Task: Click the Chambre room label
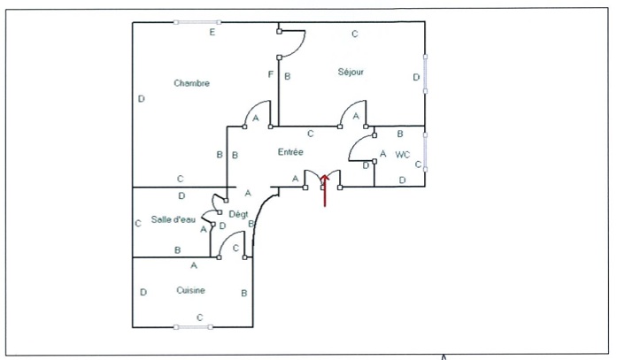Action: coord(191,83)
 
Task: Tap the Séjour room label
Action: coord(351,72)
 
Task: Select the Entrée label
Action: coord(290,152)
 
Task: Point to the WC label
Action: coord(403,155)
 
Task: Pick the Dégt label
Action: coord(238,214)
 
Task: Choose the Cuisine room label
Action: coord(191,290)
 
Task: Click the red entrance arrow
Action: coord(325,190)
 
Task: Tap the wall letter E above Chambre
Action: coord(212,33)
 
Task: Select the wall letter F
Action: coord(270,75)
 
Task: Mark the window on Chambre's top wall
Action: coord(197,22)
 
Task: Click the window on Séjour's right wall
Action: coord(425,73)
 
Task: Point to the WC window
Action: coord(425,153)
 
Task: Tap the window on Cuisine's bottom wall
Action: coord(193,327)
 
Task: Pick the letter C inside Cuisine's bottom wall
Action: coord(199,317)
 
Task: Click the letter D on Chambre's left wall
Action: coord(141,99)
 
